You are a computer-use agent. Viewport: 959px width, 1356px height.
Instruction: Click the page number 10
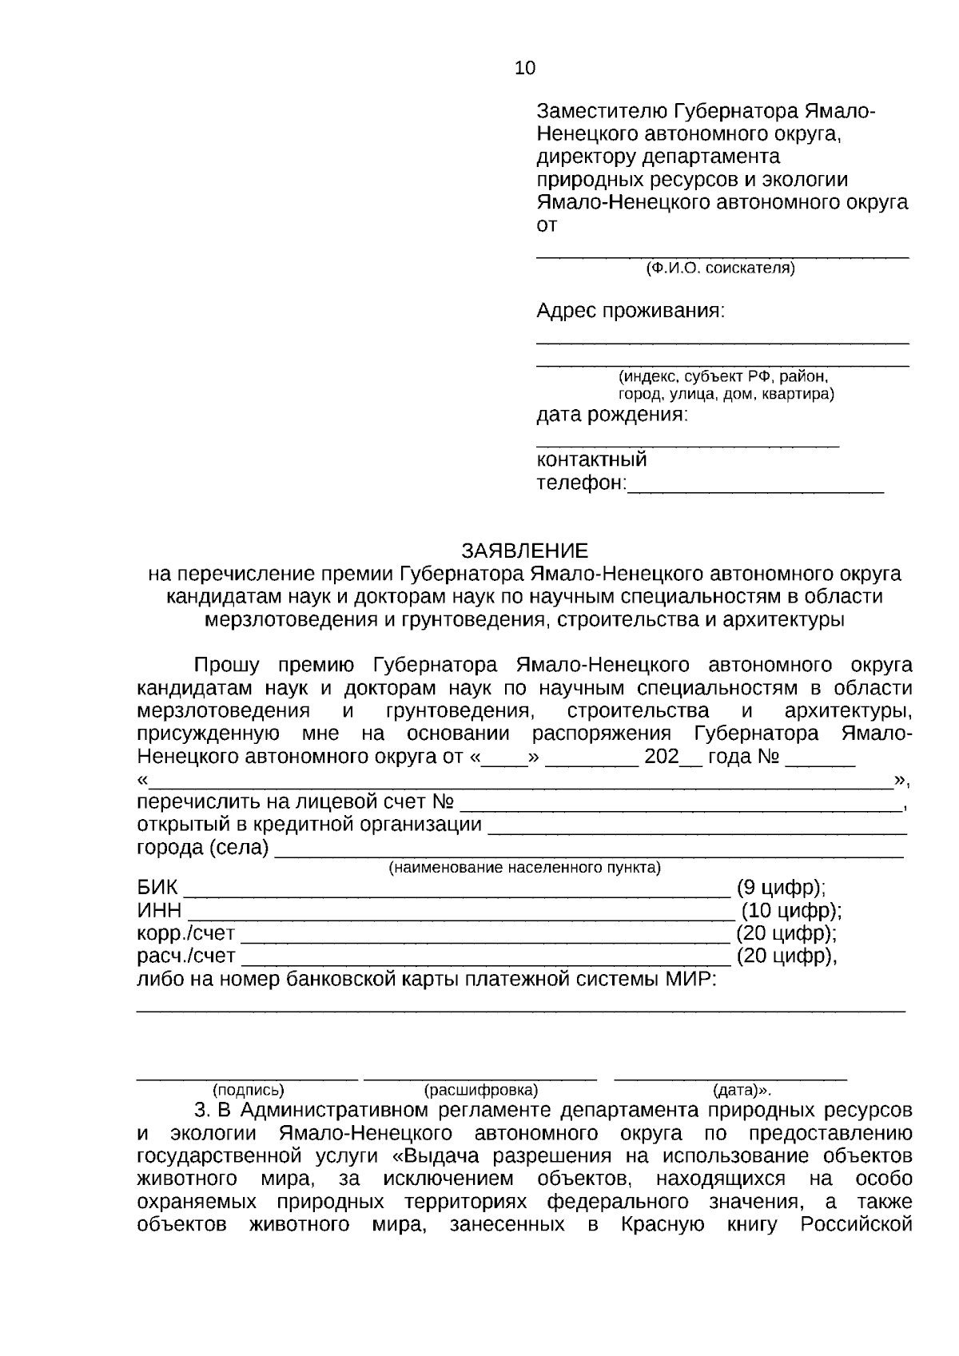525,69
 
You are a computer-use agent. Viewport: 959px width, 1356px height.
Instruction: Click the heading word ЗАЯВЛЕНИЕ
524,551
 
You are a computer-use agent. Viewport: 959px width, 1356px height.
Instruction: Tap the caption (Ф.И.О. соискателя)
720,268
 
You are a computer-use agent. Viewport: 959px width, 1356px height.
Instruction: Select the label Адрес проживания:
631,311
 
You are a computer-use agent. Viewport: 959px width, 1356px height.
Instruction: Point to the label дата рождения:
611,416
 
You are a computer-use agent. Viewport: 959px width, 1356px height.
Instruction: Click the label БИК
157,888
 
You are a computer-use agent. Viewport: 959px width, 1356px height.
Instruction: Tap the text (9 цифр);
781,888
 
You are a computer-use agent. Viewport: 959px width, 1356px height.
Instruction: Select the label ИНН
159,911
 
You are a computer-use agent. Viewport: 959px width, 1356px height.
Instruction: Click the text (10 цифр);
790,911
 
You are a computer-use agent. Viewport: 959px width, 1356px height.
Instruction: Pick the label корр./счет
185,933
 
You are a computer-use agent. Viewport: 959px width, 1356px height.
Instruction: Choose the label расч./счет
185,956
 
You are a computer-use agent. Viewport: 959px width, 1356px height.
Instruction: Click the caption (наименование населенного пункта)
524,868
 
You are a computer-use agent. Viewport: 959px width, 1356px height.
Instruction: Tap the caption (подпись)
248,1090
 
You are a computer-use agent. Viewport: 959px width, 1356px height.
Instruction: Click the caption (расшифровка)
481,1090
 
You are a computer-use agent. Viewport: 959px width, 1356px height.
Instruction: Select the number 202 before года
661,757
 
